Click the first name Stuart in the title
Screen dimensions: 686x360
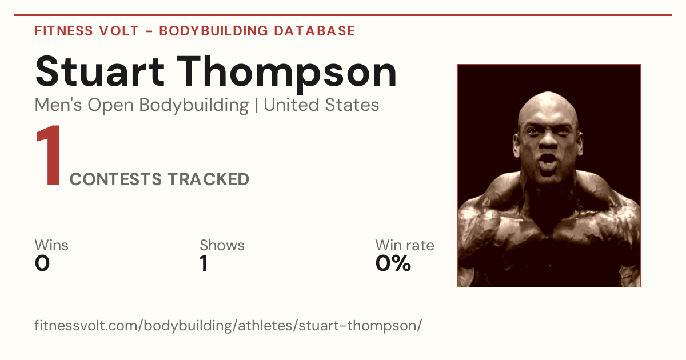pos(100,71)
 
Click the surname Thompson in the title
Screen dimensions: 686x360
pos(287,74)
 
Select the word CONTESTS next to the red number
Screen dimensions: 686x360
pos(115,179)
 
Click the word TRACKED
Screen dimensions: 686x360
pos(209,179)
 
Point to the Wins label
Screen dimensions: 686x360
pos(51,245)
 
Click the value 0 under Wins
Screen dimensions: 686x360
pos(42,263)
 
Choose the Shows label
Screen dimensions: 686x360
pos(222,245)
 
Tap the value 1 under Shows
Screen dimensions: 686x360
pos(204,263)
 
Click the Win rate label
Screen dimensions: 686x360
pos(405,245)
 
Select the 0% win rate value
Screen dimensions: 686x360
pos(393,263)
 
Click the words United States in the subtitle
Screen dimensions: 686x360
pos(321,105)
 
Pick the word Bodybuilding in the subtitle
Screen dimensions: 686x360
pos(194,106)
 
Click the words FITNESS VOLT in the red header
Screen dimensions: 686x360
pos(87,31)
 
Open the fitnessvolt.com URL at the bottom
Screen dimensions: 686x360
pos(228,325)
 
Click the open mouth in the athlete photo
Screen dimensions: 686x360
pos(548,162)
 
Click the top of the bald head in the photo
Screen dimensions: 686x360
pos(548,93)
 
